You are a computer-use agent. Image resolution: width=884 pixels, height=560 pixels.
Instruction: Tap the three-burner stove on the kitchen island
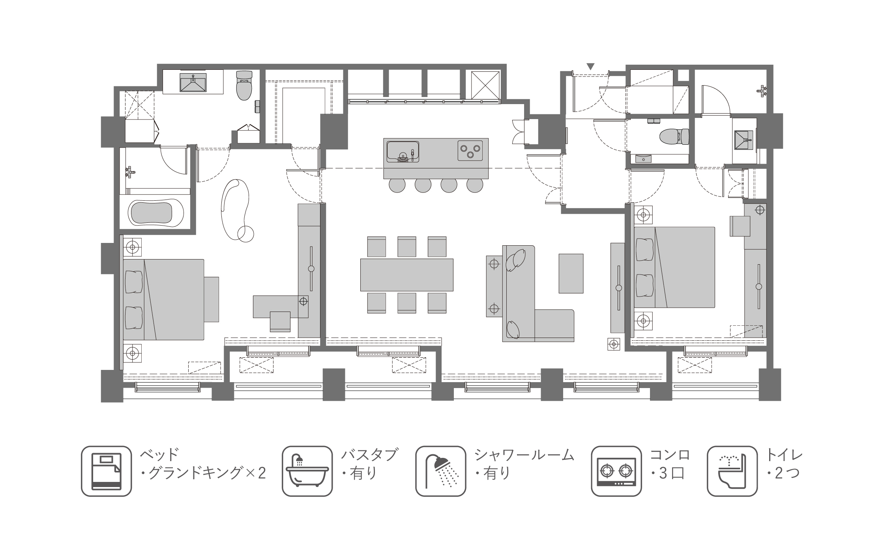coord(470,150)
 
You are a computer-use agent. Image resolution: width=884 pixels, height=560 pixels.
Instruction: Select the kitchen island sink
coord(403,151)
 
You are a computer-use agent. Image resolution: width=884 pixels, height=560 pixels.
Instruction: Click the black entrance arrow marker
coord(590,66)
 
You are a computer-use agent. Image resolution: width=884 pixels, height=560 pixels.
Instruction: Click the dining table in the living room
coord(406,275)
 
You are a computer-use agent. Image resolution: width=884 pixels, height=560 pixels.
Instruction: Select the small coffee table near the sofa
coord(571,273)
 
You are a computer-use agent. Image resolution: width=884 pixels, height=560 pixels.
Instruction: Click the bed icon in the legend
coord(106,471)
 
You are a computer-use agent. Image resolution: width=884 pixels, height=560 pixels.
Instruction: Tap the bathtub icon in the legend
coord(307,471)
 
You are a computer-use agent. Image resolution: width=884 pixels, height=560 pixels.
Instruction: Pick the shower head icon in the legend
coord(440,471)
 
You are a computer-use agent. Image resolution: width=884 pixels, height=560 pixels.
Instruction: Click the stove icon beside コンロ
coord(616,471)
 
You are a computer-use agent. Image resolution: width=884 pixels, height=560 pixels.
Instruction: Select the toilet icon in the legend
coord(732,471)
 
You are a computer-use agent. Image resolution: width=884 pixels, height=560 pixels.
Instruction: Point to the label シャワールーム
coord(524,455)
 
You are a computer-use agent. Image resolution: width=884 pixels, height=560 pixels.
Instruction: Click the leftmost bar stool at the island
coord(397,185)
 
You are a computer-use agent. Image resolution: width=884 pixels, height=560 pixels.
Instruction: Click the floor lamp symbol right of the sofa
coord(614,344)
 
